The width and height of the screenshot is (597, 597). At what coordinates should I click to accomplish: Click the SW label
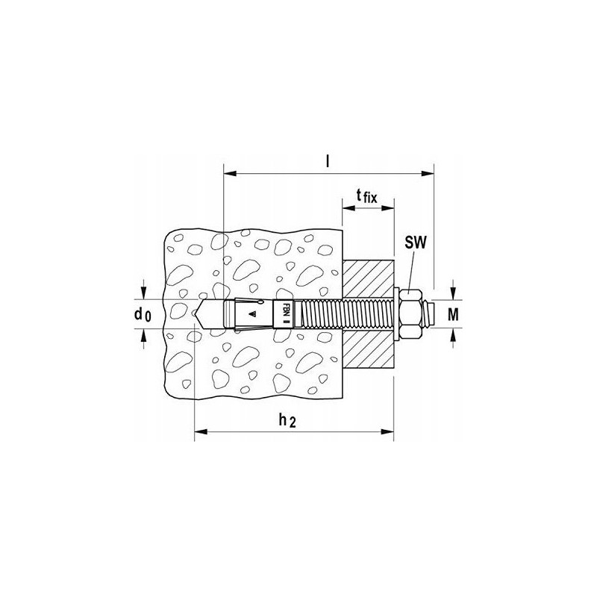pyautogui.click(x=416, y=242)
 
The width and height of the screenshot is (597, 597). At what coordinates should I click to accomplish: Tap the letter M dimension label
pyautogui.click(x=453, y=314)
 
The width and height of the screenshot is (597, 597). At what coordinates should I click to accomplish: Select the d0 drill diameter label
pyautogui.click(x=143, y=314)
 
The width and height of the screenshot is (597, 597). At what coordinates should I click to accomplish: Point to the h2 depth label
pyautogui.click(x=287, y=420)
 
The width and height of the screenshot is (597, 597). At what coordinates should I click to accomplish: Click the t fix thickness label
pyautogui.click(x=366, y=196)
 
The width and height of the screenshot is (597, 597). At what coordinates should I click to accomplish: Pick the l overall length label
pyautogui.click(x=327, y=162)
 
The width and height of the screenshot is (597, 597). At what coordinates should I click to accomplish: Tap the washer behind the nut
pyautogui.click(x=396, y=313)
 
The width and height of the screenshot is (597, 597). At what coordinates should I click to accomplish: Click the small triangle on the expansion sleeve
pyautogui.click(x=251, y=314)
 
